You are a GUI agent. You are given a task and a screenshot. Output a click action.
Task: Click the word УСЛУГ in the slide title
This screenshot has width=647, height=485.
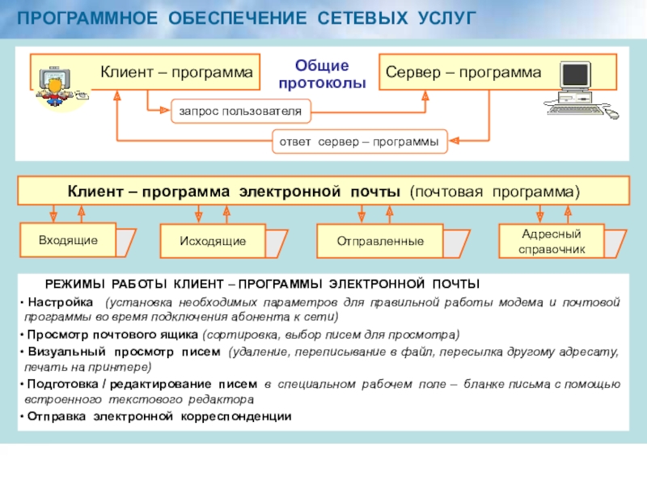pyautogui.click(x=443, y=17)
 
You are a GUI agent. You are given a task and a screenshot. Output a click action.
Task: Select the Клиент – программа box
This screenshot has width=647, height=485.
pyautogui.click(x=175, y=73)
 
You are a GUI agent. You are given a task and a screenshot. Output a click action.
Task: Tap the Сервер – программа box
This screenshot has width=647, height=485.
pyautogui.click(x=463, y=73)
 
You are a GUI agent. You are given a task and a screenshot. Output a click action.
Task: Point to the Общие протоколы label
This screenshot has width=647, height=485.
pyautogui.click(x=321, y=74)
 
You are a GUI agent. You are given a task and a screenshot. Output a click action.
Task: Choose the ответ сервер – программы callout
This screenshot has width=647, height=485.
pyautogui.click(x=358, y=141)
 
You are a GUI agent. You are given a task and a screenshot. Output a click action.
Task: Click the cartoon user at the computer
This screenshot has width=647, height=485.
pyautogui.click(x=57, y=86)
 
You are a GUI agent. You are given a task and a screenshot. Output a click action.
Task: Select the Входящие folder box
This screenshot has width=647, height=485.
pyautogui.click(x=68, y=240)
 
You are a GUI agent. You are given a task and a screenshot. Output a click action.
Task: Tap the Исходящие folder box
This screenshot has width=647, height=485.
pyautogui.click(x=214, y=241)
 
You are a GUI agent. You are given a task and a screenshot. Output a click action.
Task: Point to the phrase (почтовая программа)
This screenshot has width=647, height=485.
pyautogui.click(x=494, y=192)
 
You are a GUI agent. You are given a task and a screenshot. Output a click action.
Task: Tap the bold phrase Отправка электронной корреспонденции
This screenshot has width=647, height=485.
pyautogui.click(x=158, y=416)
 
